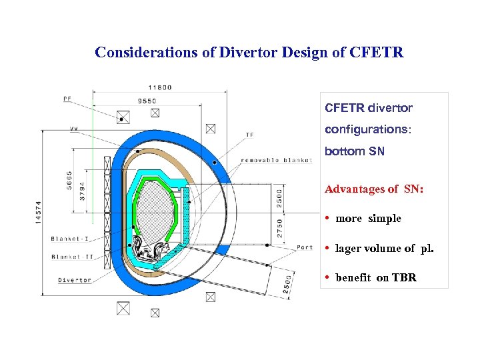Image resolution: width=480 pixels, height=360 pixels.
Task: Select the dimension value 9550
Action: pyautogui.click(x=147, y=101)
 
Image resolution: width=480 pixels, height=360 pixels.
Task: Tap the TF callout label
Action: pyautogui.click(x=249, y=135)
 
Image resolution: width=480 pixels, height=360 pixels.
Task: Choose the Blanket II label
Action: pyautogui.click(x=71, y=256)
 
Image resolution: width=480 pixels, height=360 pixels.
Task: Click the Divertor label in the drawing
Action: pyautogui.click(x=75, y=280)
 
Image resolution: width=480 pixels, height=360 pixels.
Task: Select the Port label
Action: pyautogui.click(x=304, y=247)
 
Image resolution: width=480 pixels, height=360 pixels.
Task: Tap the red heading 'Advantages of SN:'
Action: pyautogui.click(x=374, y=189)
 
